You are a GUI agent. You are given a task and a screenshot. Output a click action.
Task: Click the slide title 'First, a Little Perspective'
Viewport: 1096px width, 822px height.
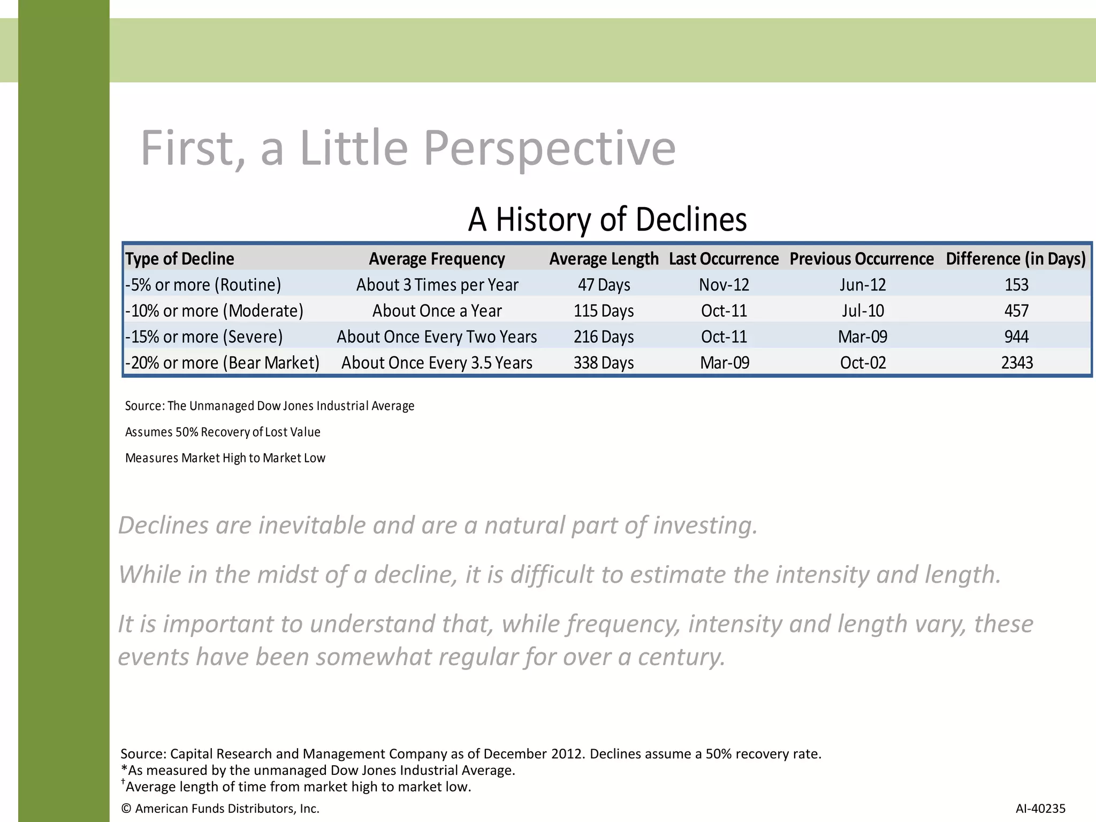(x=408, y=148)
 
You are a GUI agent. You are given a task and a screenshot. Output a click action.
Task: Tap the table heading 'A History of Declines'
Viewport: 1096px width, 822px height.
(x=607, y=219)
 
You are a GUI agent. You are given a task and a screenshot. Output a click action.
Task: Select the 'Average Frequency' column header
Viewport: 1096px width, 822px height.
(x=437, y=259)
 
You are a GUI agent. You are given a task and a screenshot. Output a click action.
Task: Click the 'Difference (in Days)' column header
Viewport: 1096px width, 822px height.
(x=1016, y=259)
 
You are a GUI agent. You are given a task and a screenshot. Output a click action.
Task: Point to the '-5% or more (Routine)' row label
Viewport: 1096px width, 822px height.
(x=203, y=285)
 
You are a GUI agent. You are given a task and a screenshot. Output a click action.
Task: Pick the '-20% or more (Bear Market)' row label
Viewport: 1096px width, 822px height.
(x=222, y=363)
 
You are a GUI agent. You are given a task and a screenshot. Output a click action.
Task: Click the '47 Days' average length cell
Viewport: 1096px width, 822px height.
(x=604, y=285)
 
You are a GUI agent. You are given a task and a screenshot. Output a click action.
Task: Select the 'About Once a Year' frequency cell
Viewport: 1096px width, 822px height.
(x=437, y=311)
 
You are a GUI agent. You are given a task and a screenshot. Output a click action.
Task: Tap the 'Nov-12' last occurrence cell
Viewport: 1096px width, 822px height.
(x=724, y=285)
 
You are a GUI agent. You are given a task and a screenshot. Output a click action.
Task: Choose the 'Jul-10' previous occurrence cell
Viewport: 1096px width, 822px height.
(x=863, y=311)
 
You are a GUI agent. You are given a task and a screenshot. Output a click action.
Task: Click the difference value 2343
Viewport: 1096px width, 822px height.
(x=1017, y=363)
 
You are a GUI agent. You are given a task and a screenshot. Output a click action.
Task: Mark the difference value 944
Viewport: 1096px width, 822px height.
(x=1016, y=337)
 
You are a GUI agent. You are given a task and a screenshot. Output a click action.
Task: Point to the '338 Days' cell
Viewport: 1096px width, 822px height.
(x=604, y=363)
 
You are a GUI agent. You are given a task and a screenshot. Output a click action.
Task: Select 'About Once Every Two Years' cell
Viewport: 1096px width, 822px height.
(x=437, y=337)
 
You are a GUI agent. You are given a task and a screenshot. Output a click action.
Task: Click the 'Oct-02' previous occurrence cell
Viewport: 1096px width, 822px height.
(x=863, y=363)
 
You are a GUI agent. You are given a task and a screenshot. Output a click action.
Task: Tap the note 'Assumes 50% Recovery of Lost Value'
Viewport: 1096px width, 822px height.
(x=223, y=432)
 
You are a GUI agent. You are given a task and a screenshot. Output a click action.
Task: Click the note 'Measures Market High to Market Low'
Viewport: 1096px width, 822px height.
(x=225, y=458)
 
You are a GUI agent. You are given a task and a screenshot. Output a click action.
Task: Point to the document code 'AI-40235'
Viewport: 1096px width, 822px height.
(x=1040, y=809)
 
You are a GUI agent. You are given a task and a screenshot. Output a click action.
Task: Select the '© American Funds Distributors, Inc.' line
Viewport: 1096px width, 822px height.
(x=220, y=809)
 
